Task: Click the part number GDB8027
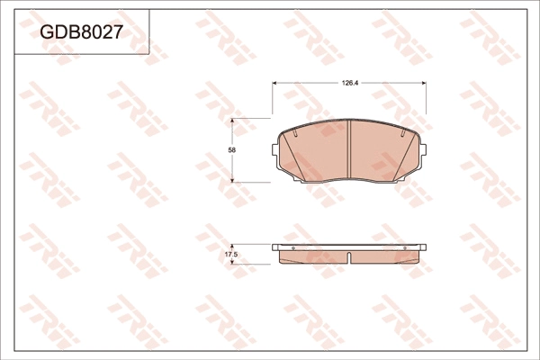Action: pos(81,32)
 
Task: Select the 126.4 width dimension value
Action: pos(350,83)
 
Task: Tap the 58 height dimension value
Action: pos(232,149)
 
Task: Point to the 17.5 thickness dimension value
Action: pos(230,255)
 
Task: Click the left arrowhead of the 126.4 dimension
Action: pos(275,83)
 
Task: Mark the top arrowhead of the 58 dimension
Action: pos(237,121)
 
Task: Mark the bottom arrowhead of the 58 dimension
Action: pos(237,179)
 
